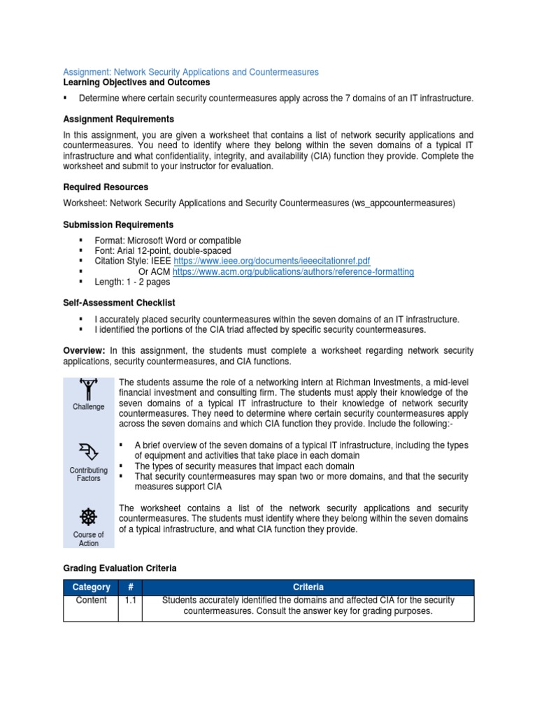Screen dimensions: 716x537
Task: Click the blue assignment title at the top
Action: coord(191,72)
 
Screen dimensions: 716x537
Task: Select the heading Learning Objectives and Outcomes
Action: coord(136,83)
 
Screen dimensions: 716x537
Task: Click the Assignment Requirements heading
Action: coord(119,119)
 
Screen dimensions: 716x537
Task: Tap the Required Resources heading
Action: coord(106,187)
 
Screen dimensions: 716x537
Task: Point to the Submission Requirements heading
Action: coord(118,224)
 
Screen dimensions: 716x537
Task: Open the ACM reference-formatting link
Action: coord(293,271)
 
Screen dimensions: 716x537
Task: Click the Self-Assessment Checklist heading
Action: coord(119,303)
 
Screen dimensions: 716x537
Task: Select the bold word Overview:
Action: coord(84,350)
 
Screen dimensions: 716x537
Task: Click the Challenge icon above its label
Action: coord(88,389)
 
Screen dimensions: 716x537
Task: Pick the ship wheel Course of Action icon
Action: coord(88,517)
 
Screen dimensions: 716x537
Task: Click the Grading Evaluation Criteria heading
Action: coord(120,568)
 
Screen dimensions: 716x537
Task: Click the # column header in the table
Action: coord(130,587)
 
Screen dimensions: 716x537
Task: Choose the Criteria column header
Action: coord(308,587)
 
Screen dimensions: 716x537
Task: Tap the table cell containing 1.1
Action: coord(130,601)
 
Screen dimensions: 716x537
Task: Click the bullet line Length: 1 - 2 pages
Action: coord(133,282)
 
